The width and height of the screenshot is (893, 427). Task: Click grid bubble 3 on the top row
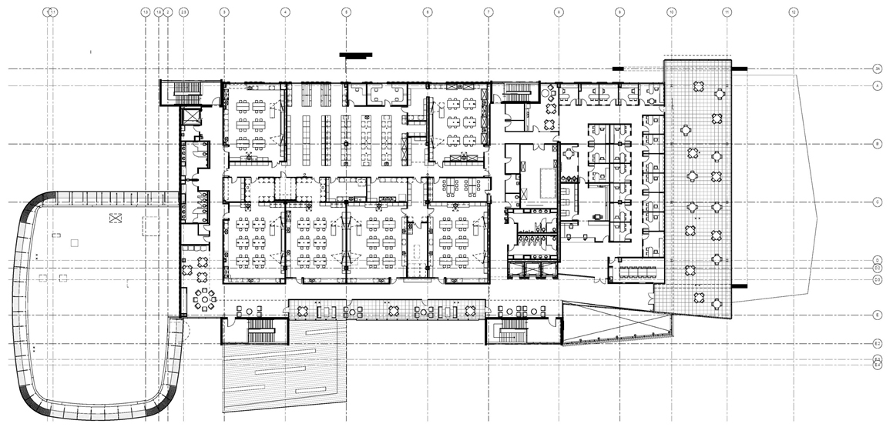pyautogui.click(x=223, y=12)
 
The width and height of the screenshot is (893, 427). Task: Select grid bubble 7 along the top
pyautogui.click(x=488, y=12)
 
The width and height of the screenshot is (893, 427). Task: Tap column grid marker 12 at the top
pyautogui.click(x=794, y=12)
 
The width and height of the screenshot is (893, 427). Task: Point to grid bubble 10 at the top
pyautogui.click(x=671, y=12)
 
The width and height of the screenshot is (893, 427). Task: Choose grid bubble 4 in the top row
pyautogui.click(x=285, y=12)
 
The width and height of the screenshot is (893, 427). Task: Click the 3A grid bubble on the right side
pyautogui.click(x=877, y=69)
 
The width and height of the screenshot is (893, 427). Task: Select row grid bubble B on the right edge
pyautogui.click(x=877, y=144)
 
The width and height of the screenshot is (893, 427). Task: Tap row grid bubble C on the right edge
pyautogui.click(x=877, y=202)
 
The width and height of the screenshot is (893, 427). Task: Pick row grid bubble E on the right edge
pyautogui.click(x=877, y=315)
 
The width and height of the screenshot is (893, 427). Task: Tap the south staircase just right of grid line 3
pyautogui.click(x=258, y=332)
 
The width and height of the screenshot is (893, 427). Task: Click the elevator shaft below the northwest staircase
pyautogui.click(x=190, y=118)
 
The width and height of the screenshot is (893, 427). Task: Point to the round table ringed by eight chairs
pyautogui.click(x=206, y=297)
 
